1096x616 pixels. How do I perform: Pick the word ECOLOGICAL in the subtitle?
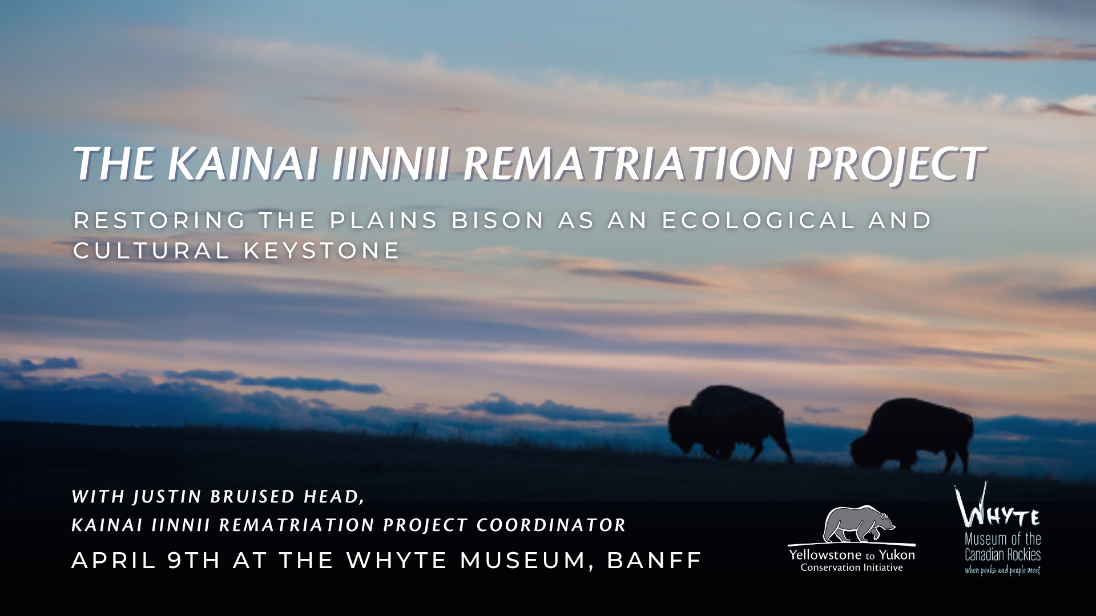point(758,221)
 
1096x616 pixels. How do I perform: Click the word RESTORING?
point(159,221)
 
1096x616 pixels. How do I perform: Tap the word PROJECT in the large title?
point(894,164)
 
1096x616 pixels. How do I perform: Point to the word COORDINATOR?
point(551,525)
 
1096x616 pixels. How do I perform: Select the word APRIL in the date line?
point(114,561)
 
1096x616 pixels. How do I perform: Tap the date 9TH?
point(194,561)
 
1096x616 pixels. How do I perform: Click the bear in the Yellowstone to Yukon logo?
point(856,524)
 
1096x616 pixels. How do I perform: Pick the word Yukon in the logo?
point(897,555)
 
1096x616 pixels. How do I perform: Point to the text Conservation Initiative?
point(851,568)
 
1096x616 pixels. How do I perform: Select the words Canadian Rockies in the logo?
point(1002,554)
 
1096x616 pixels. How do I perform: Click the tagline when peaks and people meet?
point(1002,570)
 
